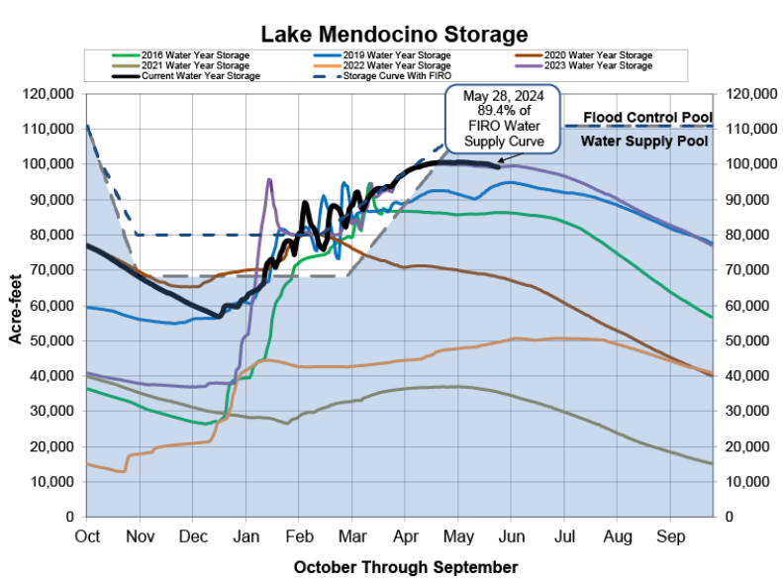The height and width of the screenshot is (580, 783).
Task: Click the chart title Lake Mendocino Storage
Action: (x=394, y=34)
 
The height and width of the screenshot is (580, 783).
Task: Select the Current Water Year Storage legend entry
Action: (x=193, y=76)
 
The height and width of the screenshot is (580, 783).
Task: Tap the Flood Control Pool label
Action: (x=646, y=118)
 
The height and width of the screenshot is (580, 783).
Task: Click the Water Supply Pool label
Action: (x=644, y=142)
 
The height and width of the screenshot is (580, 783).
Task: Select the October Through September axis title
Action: (x=405, y=567)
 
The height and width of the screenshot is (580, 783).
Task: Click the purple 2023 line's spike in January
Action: (x=269, y=181)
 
